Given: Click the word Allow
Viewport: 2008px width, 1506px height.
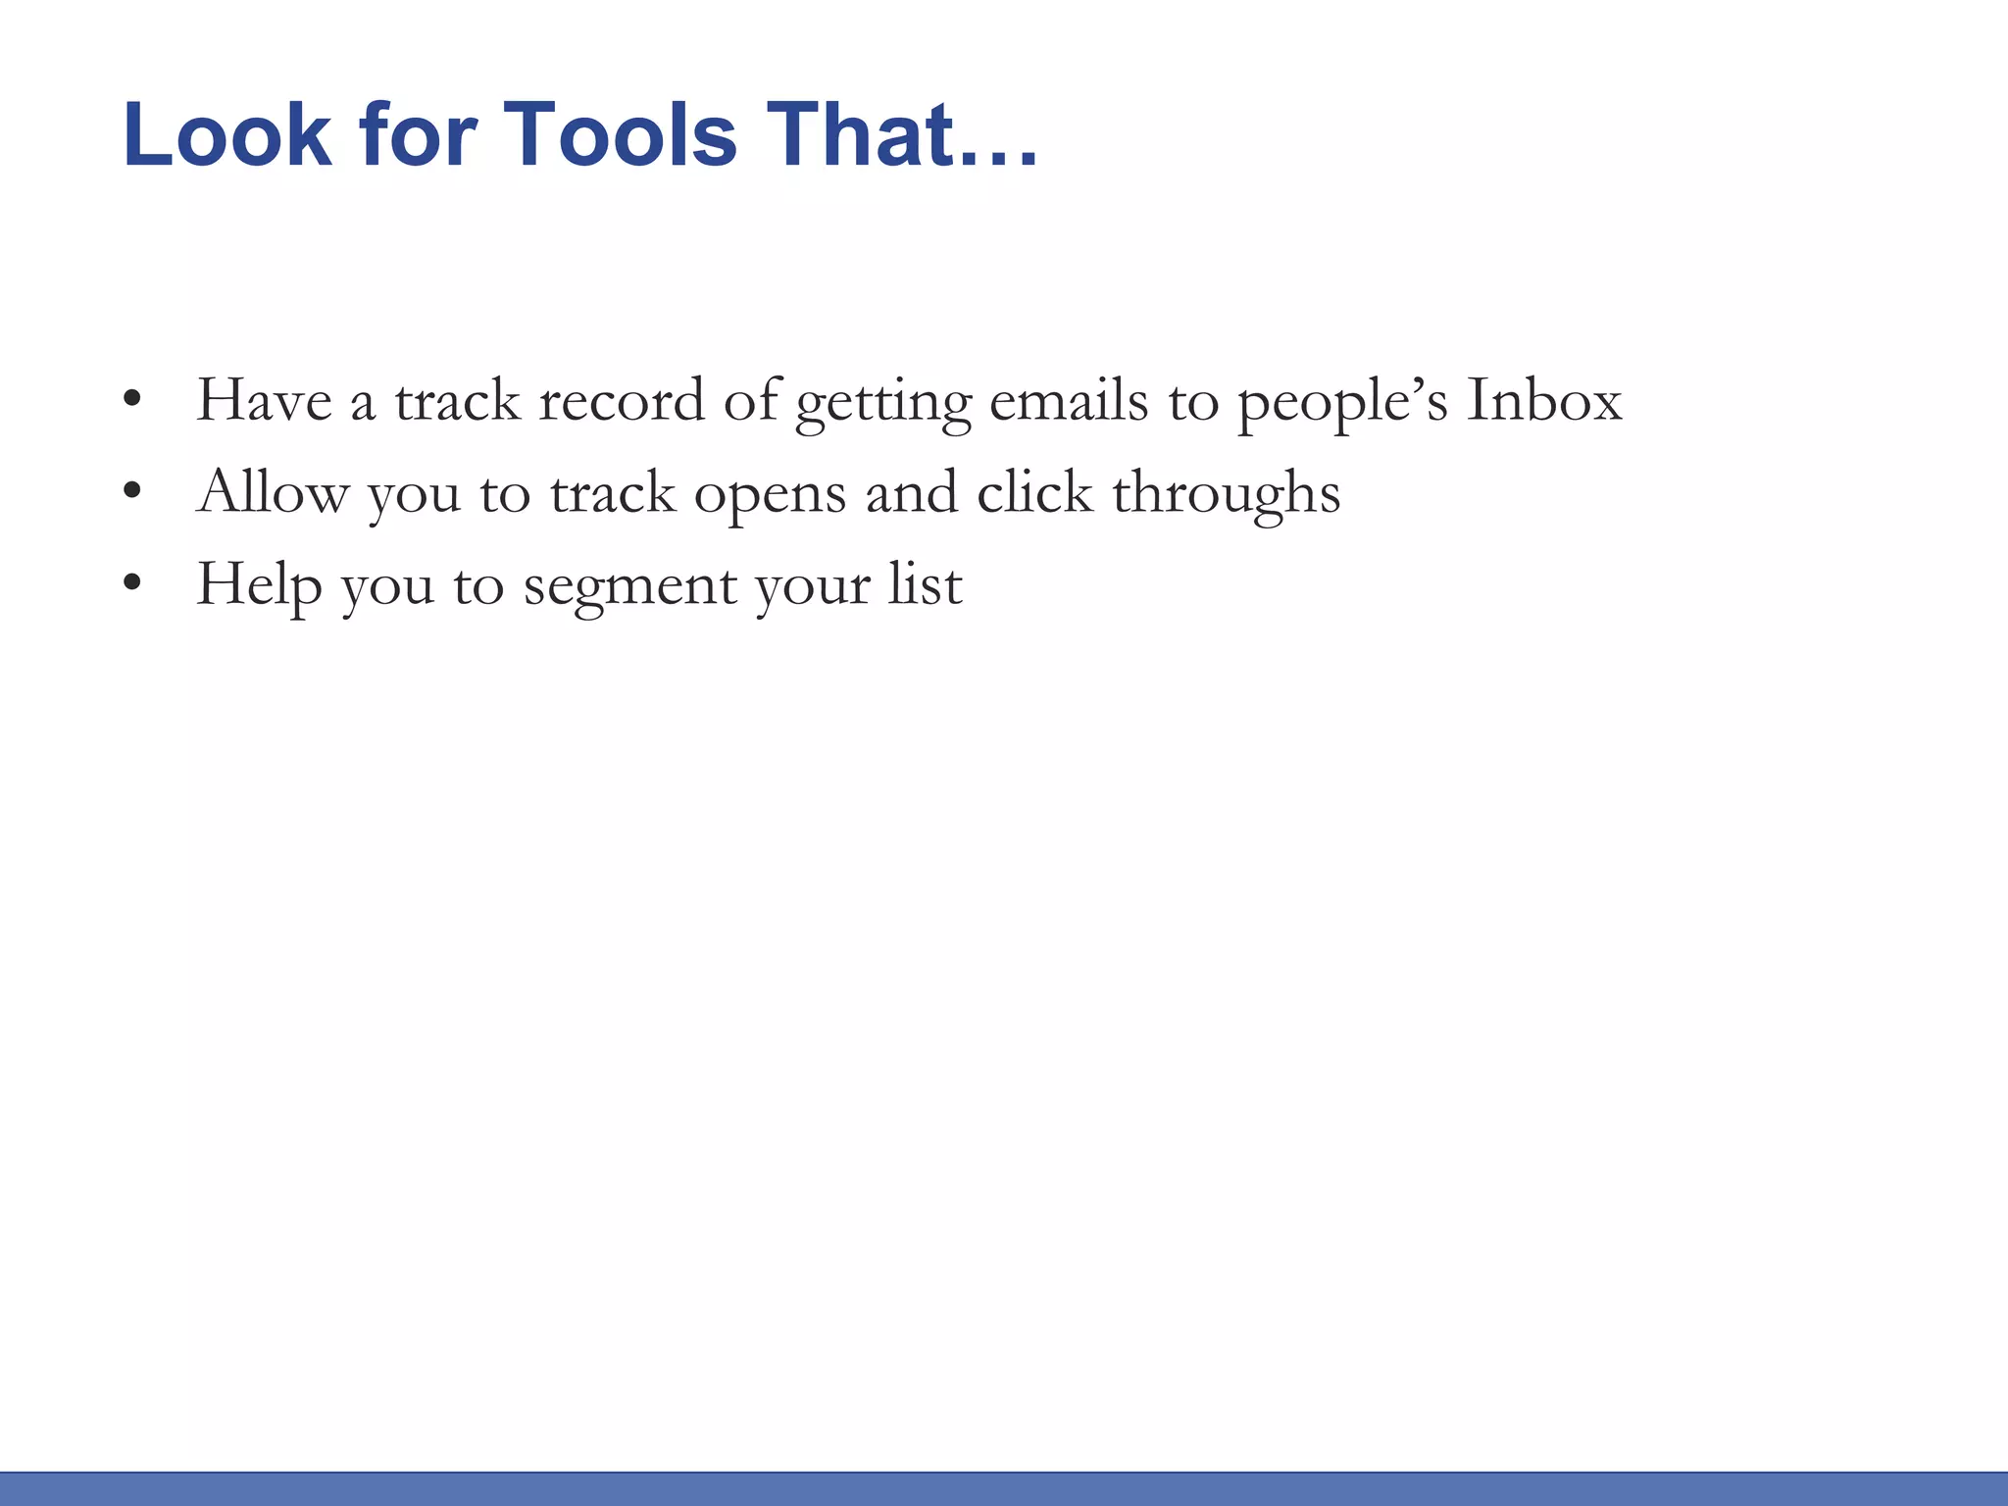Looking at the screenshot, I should (273, 492).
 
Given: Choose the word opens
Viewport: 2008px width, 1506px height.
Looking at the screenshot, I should (770, 495).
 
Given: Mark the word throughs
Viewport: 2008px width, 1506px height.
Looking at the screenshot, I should (1227, 492).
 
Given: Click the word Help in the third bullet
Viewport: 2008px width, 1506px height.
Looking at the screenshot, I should (259, 585).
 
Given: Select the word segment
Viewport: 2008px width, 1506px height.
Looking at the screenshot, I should (629, 588).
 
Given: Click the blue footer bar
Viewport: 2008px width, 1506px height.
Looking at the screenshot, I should (1004, 1488).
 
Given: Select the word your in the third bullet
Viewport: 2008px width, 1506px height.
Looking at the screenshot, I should (812, 588).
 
